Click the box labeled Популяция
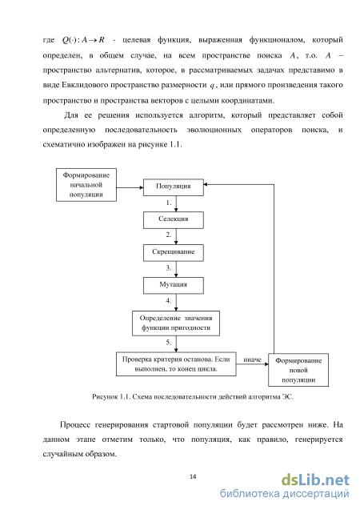tap(174, 187)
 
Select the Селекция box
tap(174, 220)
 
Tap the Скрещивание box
tap(174, 253)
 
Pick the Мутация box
tap(174, 286)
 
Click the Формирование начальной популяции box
tap(86, 185)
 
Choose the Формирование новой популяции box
tap(298, 370)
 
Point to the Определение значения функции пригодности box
tap(176, 323)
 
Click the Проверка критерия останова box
tap(176, 364)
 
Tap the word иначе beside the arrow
tap(253, 359)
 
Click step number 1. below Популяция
tap(169, 203)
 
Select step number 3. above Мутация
tap(169, 268)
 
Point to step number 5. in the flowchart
tap(169, 342)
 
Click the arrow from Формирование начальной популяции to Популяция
tap(130, 187)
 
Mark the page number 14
tap(193, 476)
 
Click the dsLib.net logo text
tap(315, 480)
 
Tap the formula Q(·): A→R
tap(83, 40)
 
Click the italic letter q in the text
tap(212, 86)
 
